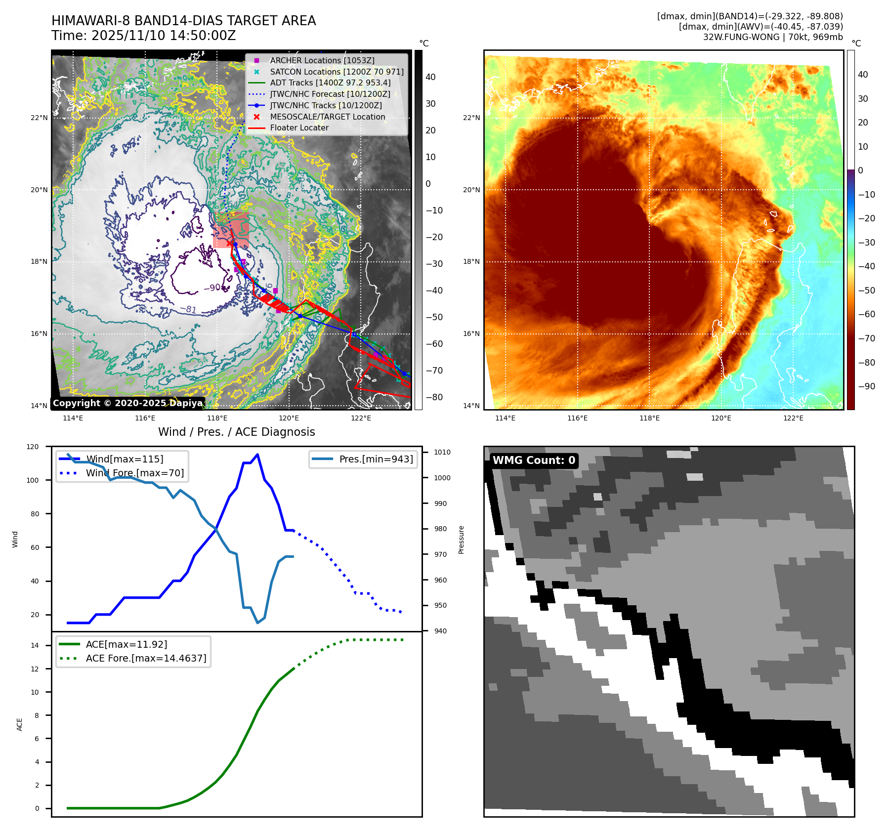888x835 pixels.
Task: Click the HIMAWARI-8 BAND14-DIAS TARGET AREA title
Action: click(183, 21)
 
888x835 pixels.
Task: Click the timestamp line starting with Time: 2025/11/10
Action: click(143, 36)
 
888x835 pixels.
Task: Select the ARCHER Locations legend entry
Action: click(322, 60)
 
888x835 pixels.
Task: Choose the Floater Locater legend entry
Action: click(299, 127)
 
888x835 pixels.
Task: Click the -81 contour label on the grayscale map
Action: click(188, 309)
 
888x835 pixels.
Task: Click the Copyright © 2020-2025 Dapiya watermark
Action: click(127, 403)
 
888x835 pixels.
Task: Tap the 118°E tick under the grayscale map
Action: click(217, 418)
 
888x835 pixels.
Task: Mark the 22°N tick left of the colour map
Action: click(471, 118)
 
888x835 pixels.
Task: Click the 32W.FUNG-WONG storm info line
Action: click(773, 37)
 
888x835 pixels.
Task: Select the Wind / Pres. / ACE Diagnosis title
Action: click(236, 432)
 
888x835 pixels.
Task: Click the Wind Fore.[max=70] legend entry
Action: click(134, 473)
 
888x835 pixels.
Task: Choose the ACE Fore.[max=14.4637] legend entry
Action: click(146, 658)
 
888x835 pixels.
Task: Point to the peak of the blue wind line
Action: click(257, 455)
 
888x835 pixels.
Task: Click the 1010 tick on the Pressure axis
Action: click(442, 452)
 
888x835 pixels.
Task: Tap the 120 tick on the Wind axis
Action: click(33, 447)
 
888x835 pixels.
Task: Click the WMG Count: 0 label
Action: click(534, 460)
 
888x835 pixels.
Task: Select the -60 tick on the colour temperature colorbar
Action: click(866, 314)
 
